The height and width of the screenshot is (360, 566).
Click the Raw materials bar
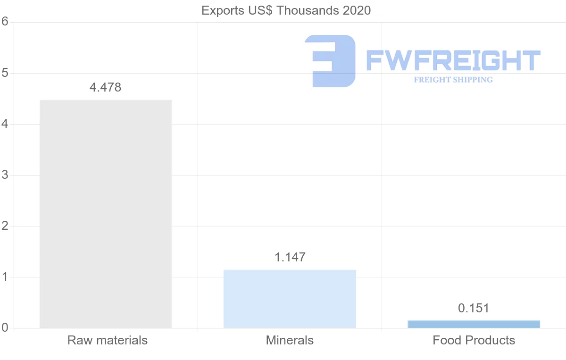click(106, 214)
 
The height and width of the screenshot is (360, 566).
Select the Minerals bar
click(290, 299)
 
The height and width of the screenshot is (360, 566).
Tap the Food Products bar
click(474, 324)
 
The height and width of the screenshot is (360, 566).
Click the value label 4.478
click(106, 87)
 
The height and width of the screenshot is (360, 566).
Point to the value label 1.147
click(290, 257)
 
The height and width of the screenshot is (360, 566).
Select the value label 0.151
click(474, 308)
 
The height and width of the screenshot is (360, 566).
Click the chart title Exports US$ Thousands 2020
click(286, 10)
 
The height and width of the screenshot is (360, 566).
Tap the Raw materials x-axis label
click(108, 340)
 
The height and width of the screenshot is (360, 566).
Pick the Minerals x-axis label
click(290, 340)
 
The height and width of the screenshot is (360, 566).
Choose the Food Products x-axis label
click(474, 340)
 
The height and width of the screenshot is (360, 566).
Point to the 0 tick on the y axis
click(5, 327)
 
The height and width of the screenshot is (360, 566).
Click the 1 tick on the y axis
click(5, 277)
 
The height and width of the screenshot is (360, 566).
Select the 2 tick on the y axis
click(5, 226)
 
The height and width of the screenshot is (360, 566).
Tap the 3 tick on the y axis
click(5, 175)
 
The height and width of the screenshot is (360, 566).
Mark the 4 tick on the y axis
click(5, 124)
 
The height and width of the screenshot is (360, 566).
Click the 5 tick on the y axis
click(5, 73)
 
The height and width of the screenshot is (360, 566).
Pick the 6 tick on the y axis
click(5, 22)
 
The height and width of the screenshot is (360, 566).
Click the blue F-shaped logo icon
click(330, 61)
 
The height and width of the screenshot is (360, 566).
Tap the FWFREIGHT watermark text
click(453, 61)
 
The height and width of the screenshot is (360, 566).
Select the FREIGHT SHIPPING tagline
click(453, 80)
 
